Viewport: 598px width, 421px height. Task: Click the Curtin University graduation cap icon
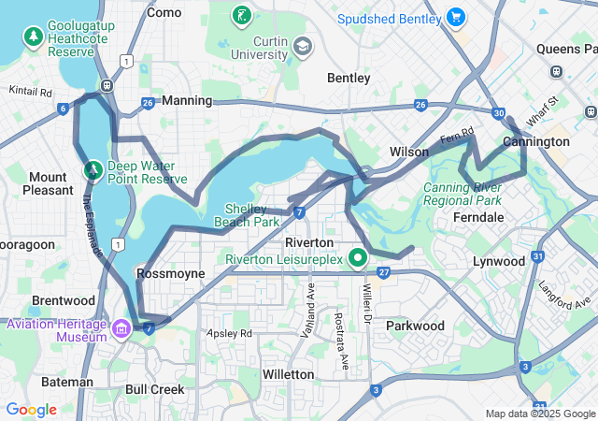(x=303, y=46)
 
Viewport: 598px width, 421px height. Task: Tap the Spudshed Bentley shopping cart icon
(x=456, y=17)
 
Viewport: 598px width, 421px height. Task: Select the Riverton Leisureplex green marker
(x=357, y=257)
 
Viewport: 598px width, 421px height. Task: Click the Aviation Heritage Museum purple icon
(x=121, y=329)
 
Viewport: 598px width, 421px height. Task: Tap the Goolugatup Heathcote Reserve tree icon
(x=34, y=36)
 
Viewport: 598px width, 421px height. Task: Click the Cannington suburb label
(x=535, y=141)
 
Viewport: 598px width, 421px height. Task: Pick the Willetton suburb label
(x=287, y=374)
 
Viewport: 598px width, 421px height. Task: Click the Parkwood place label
(x=415, y=326)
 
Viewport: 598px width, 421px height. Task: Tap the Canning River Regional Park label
(x=463, y=194)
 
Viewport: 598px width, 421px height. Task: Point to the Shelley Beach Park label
(x=252, y=215)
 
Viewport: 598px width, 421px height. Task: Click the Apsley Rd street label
(x=230, y=333)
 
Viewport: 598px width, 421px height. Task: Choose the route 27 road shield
(x=384, y=272)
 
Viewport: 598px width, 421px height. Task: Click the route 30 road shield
(x=500, y=113)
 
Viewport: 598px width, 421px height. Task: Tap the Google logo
(x=32, y=409)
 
